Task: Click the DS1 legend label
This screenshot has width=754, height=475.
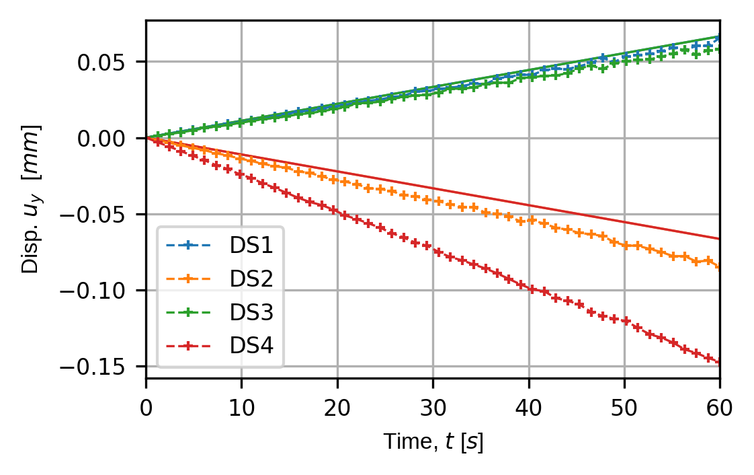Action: pyautogui.click(x=251, y=245)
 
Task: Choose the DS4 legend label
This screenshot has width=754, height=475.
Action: pyautogui.click(x=251, y=346)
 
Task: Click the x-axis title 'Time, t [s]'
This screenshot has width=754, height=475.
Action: pyautogui.click(x=433, y=442)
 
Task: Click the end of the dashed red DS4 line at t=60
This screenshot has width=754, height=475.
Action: pyautogui.click(x=719, y=362)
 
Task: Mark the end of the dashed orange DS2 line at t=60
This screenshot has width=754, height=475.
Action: pyautogui.click(x=719, y=267)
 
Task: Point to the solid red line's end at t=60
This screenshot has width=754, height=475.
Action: pyautogui.click(x=719, y=239)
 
